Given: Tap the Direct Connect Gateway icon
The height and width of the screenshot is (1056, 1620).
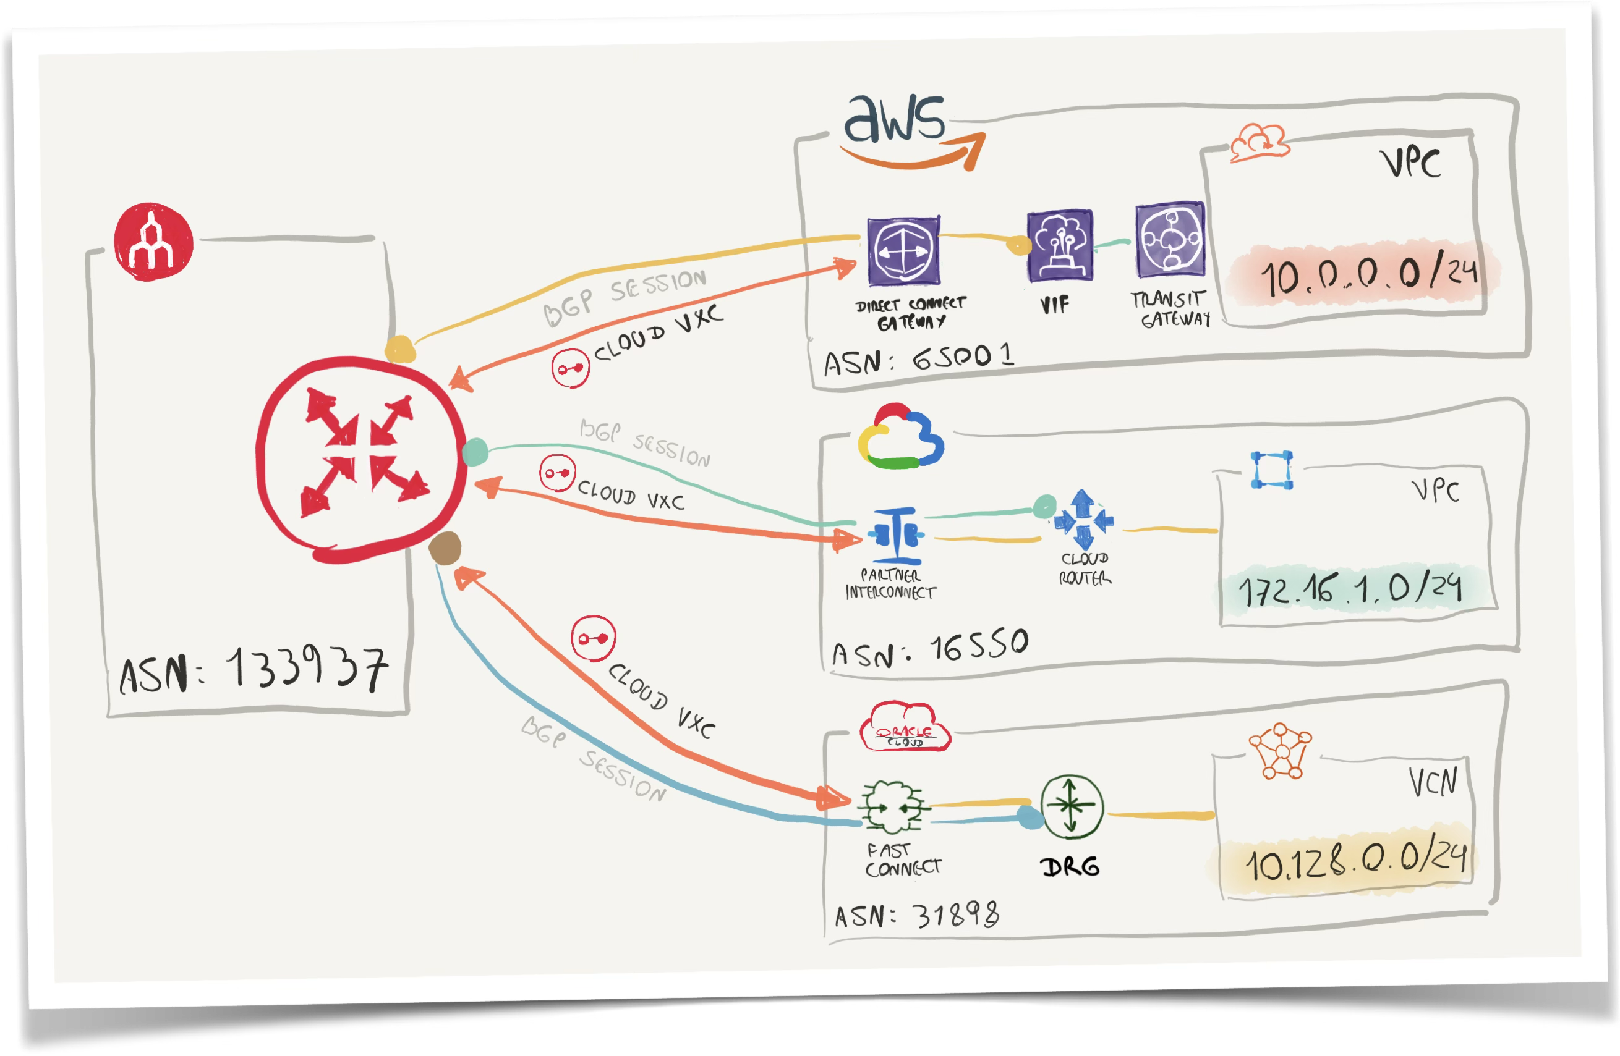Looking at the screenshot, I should pyautogui.click(x=903, y=250).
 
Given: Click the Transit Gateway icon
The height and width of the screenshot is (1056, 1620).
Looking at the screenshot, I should pyautogui.click(x=1169, y=240).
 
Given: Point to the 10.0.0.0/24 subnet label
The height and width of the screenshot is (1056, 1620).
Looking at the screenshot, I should pyautogui.click(x=1365, y=274).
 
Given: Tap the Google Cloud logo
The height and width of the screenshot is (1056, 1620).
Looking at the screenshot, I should pyautogui.click(x=900, y=438).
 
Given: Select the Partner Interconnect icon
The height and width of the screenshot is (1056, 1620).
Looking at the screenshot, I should pyautogui.click(x=896, y=536).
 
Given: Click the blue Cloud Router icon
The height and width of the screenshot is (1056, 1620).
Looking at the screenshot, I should pyautogui.click(x=1083, y=520).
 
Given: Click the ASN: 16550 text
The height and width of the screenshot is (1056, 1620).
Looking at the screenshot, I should pyautogui.click(x=930, y=649).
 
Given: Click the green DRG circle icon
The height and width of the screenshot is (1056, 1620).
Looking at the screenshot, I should pyautogui.click(x=1072, y=808).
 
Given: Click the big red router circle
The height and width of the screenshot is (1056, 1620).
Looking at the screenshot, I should pyautogui.click(x=360, y=459).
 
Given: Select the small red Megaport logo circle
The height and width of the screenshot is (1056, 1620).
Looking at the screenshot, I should pyautogui.click(x=153, y=242).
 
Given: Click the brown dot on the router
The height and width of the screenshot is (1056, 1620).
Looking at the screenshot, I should pyautogui.click(x=445, y=549).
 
